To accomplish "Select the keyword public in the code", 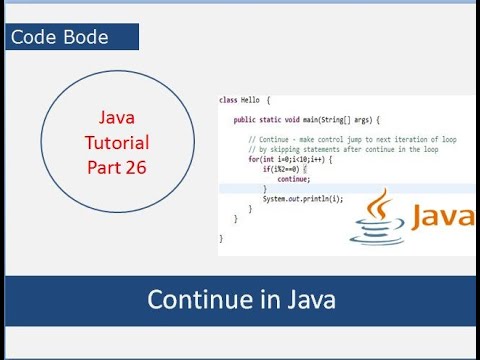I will (243, 119).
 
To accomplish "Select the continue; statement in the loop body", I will (294, 180).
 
